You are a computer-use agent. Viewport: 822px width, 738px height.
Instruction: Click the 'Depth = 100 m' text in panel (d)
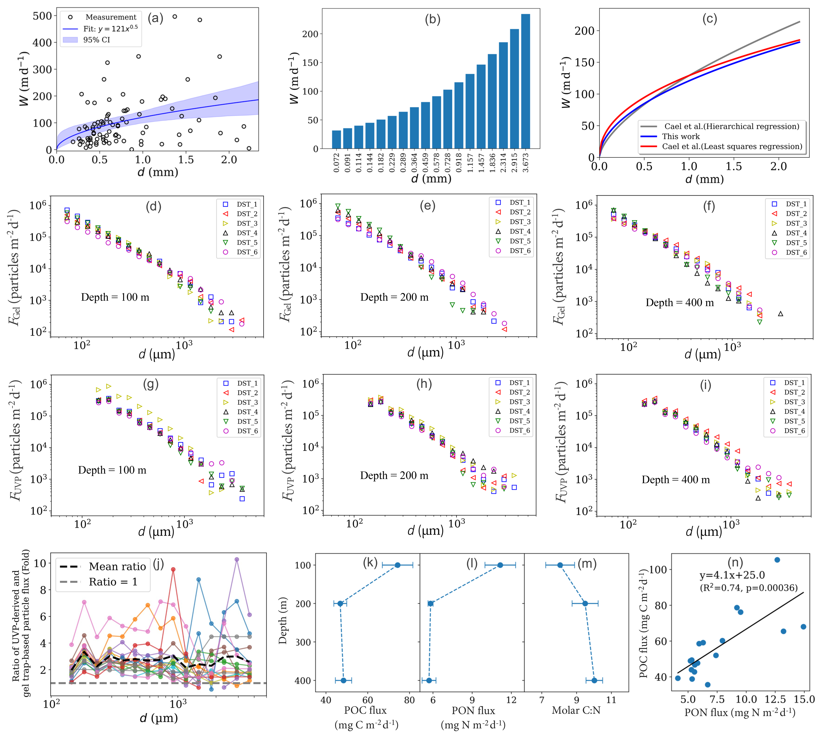115,297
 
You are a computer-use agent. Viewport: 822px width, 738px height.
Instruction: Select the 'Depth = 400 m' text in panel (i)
676,480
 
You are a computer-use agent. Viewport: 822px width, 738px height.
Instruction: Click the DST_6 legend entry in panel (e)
520,251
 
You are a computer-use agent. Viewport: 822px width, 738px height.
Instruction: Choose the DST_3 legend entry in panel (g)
247,402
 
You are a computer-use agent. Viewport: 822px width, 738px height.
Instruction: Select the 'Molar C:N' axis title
576,710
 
